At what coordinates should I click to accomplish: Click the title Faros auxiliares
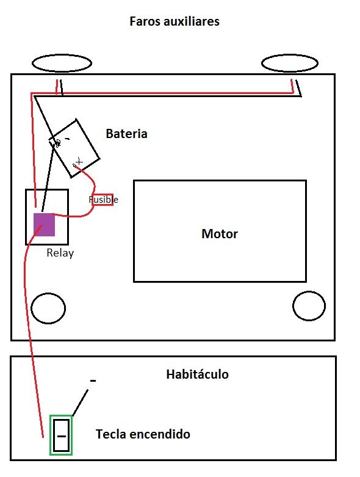point(175,21)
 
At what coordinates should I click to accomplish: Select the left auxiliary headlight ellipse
point(62,55)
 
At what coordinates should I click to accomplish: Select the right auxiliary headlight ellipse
point(290,56)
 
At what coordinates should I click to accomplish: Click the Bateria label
point(126,134)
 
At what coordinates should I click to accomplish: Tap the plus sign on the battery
point(79,161)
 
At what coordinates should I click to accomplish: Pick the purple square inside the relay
point(44,225)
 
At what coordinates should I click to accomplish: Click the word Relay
point(60,253)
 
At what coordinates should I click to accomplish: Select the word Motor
point(220,234)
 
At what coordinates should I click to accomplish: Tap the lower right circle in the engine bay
point(309,292)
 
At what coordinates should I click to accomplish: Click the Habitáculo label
point(198,374)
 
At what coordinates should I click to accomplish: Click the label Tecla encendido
point(143,434)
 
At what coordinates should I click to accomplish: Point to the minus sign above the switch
point(93,381)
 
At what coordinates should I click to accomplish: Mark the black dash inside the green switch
point(62,436)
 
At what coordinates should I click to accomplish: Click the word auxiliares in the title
point(192,21)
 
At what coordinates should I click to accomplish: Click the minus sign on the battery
point(67,139)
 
